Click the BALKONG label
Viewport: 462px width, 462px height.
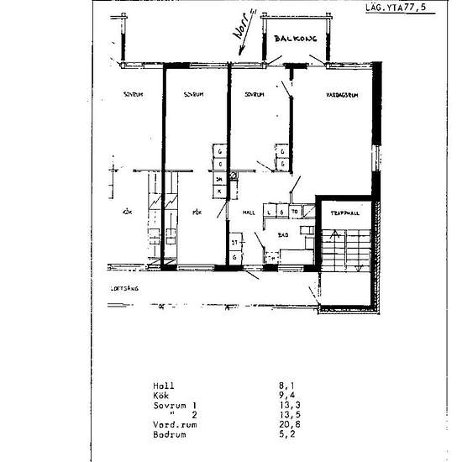288,38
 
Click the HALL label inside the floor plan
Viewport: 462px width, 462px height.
249,213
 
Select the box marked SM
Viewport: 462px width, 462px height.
219,179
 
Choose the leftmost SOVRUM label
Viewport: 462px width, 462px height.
132,95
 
